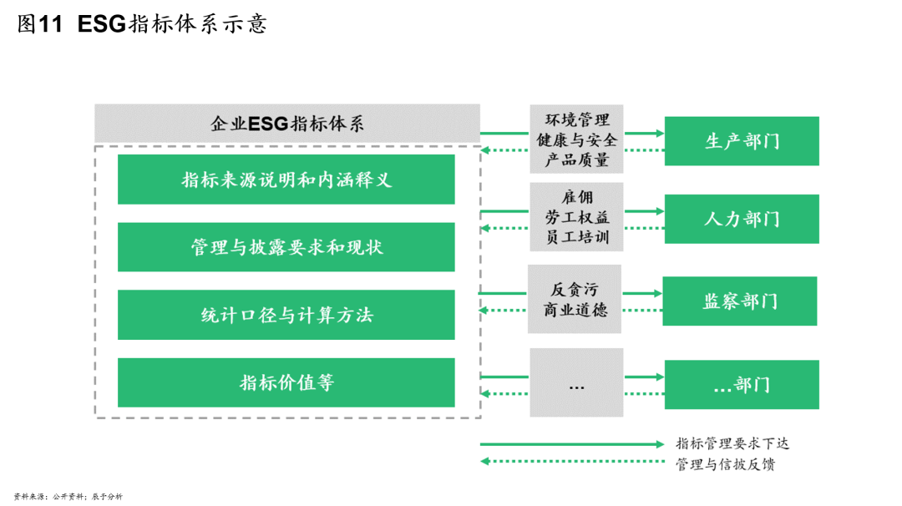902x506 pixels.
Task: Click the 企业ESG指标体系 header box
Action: click(286, 124)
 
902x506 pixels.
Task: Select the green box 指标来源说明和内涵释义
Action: click(286, 180)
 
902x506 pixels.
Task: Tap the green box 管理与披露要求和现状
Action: click(286, 247)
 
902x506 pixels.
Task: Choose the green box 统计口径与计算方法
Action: click(286, 315)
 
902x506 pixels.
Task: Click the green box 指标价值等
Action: click(286, 382)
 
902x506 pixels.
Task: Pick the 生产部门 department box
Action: click(742, 141)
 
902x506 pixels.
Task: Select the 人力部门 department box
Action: click(742, 219)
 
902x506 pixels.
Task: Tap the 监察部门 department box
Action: click(739, 301)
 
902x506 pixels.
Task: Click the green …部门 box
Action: click(742, 384)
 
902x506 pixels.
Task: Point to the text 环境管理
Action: click(576, 120)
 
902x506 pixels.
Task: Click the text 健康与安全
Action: click(576, 139)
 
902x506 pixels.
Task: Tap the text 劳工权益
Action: click(576, 217)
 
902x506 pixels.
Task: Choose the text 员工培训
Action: click(576, 236)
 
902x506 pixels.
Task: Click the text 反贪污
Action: click(575, 290)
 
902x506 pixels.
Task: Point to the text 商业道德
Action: click(575, 310)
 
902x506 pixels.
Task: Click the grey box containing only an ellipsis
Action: click(576, 382)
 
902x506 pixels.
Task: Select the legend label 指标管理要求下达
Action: click(732, 444)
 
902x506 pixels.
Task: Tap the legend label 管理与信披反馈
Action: click(725, 463)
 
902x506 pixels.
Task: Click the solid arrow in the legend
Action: click(572, 444)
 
